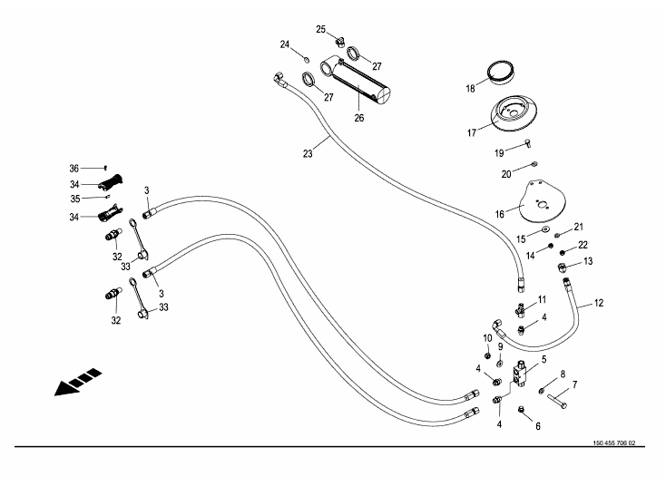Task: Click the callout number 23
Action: (x=308, y=154)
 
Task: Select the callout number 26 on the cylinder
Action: (x=358, y=117)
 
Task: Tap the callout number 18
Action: (x=470, y=89)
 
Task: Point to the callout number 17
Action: (x=471, y=133)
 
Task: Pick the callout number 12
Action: (x=598, y=303)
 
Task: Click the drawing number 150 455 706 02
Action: (x=612, y=443)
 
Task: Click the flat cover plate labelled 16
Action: (x=545, y=205)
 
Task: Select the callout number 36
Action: (x=74, y=168)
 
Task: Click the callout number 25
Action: (x=320, y=29)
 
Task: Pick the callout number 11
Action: (x=542, y=299)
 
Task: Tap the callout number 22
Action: (x=583, y=245)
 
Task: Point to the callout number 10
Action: (x=486, y=338)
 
